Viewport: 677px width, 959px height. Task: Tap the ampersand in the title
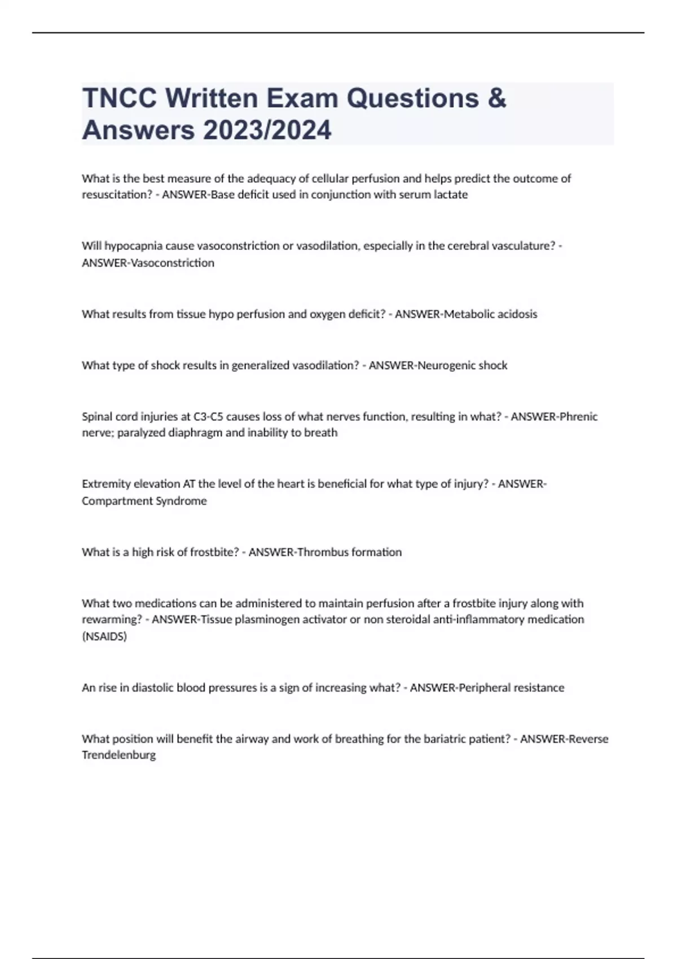tap(496, 98)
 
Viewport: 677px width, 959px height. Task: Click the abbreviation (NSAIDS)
tap(104, 636)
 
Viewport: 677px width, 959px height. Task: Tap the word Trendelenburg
tap(118, 755)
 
